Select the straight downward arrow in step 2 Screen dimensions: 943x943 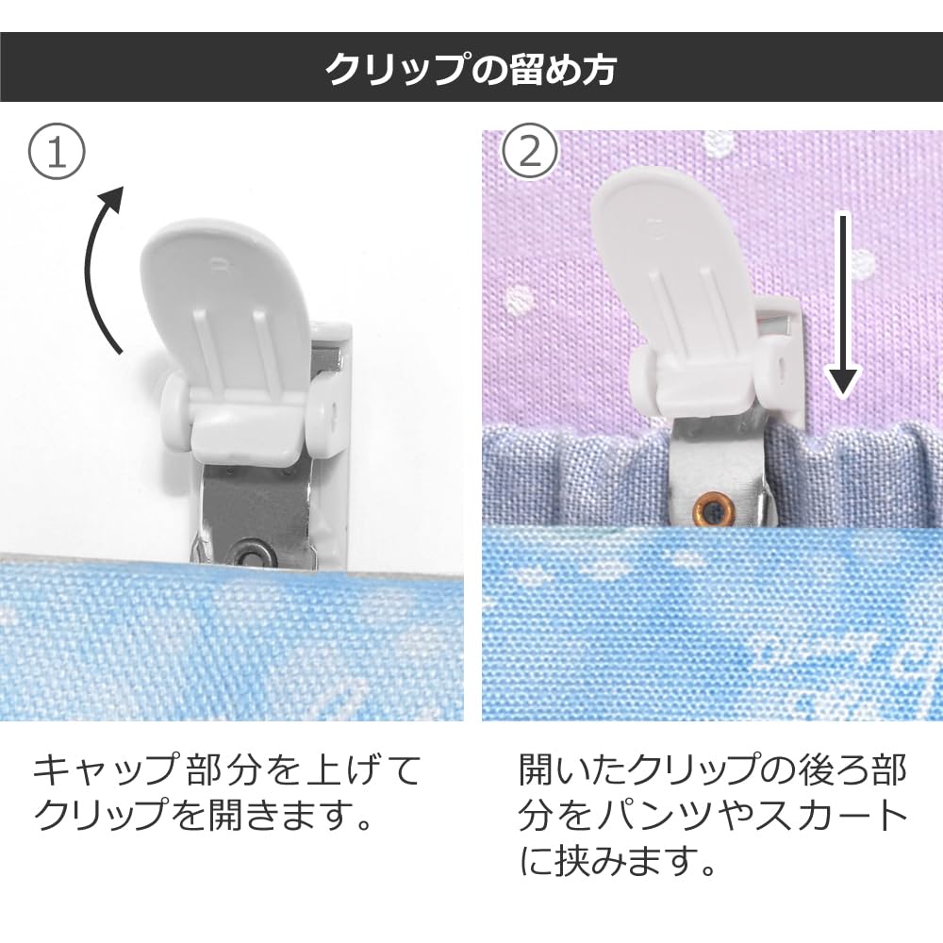click(843, 305)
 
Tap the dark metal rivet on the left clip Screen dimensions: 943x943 click(249, 554)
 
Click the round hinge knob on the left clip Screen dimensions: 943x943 click(175, 400)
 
